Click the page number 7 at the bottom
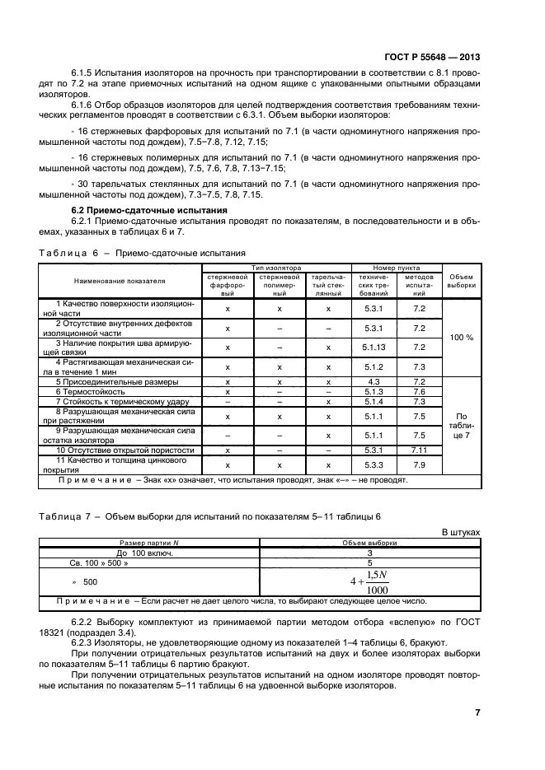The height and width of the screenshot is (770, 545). (477, 712)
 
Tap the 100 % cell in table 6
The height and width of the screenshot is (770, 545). (462, 338)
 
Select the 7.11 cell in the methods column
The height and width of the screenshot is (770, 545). (419, 450)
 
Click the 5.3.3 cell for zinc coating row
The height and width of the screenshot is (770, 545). (374, 465)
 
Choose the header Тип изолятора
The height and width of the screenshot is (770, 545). (276, 268)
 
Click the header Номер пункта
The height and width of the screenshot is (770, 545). (397, 268)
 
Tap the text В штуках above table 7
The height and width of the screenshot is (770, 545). (461, 533)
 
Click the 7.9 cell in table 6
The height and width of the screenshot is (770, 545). (419, 465)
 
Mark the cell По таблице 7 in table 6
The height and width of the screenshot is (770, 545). (462, 426)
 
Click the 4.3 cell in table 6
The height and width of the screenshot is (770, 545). (374, 382)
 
